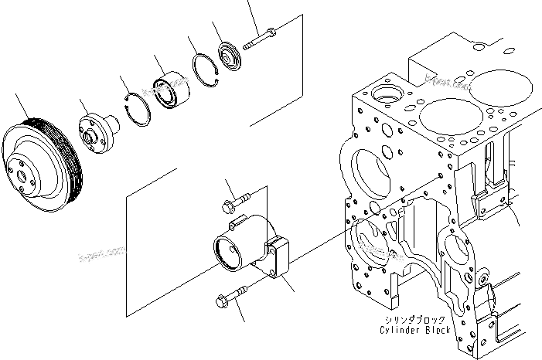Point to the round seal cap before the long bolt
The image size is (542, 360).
point(230,56)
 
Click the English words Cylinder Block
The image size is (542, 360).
point(414,330)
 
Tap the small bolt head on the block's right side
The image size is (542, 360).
point(484,279)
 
